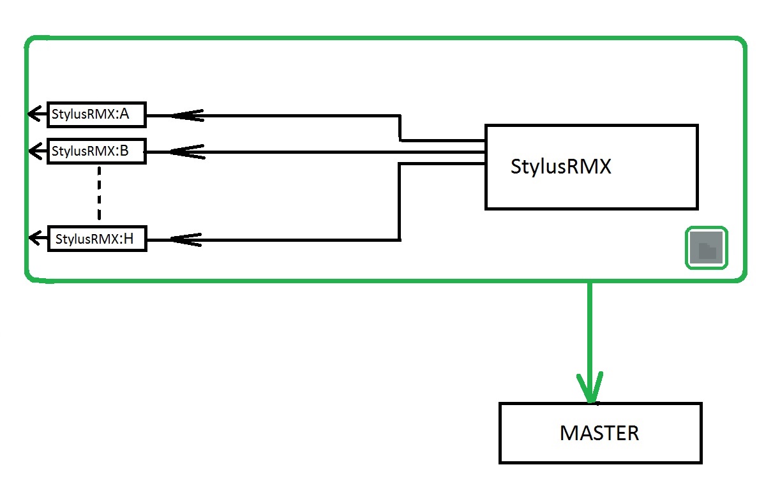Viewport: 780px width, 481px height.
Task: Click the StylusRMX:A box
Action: click(97, 115)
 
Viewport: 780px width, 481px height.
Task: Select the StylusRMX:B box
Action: click(97, 151)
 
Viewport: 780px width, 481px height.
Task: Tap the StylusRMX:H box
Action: click(97, 239)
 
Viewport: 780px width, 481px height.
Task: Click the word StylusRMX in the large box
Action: click(561, 166)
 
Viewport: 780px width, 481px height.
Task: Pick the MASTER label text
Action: click(599, 434)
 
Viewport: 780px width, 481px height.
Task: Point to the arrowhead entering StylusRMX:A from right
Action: click(185, 115)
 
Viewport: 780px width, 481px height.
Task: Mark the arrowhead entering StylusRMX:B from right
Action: click(185, 152)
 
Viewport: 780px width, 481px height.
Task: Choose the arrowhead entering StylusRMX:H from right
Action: click(185, 239)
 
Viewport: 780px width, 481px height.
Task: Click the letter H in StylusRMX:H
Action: click(128, 239)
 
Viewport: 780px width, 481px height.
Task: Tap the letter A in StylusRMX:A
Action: click(124, 115)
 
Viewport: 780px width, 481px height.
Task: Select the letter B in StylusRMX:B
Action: click(124, 151)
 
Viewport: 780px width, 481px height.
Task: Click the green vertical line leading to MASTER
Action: click(590, 332)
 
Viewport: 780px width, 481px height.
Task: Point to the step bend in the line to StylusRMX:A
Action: click(400, 128)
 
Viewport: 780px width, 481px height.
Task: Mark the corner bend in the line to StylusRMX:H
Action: click(400, 239)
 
